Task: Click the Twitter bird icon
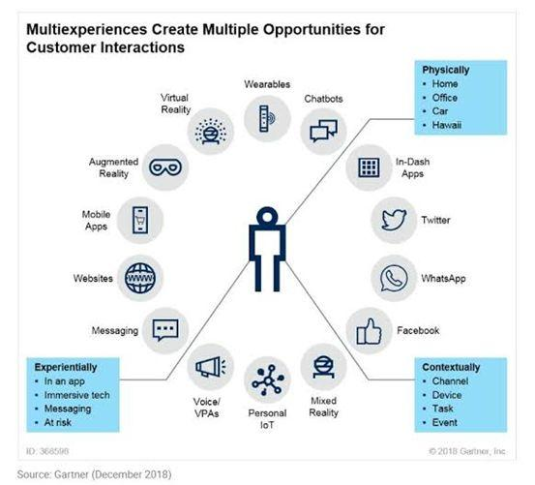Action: (x=394, y=220)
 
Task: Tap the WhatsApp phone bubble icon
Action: (x=394, y=279)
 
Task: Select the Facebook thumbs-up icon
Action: (x=369, y=331)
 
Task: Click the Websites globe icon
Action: (x=140, y=278)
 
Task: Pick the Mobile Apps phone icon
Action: (x=140, y=220)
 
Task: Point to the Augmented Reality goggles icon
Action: (x=165, y=167)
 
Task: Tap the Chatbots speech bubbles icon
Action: (x=323, y=131)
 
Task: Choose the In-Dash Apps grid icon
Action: (x=369, y=167)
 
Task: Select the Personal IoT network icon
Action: (x=268, y=379)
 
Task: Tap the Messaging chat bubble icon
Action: (x=165, y=330)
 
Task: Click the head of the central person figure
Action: (x=267, y=217)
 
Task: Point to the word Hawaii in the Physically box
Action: (x=447, y=125)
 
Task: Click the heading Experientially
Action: (x=66, y=367)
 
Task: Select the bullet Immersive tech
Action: (x=77, y=395)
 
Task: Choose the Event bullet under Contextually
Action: (x=445, y=422)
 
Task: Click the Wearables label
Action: (x=267, y=84)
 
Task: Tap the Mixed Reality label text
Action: (x=323, y=407)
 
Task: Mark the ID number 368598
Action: (x=54, y=451)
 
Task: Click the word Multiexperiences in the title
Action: (x=87, y=29)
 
